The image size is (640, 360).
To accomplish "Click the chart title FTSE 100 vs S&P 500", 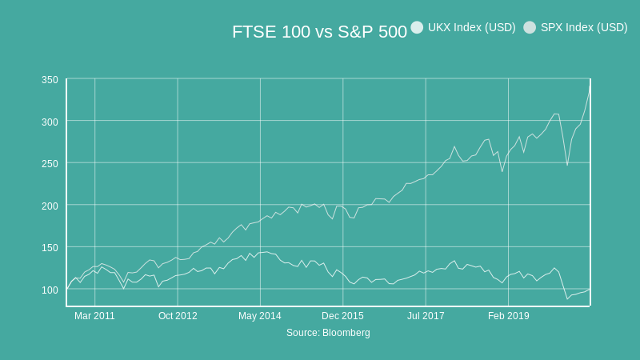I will tap(319, 32).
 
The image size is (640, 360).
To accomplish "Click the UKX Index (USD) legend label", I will tap(471, 27).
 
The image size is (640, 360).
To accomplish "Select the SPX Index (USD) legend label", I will tap(584, 27).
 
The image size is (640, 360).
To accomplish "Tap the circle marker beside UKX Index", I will tap(417, 27).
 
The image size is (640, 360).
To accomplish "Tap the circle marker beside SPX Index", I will tap(530, 27).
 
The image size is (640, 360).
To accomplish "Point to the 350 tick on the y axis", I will tap(50, 79).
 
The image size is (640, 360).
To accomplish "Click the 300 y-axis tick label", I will tap(50, 122).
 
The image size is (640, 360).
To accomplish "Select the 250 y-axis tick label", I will tap(50, 163).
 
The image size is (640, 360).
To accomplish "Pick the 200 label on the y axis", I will tap(50, 206).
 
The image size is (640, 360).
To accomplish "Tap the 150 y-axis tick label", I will tap(50, 247).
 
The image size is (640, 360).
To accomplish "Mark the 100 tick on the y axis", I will tap(50, 290).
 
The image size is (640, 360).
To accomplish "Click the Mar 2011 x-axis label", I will tap(94, 316).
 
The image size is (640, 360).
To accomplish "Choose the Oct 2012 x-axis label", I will tap(178, 316).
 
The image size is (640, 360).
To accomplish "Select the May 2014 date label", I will tap(260, 316).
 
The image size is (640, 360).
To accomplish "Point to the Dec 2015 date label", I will tap(342, 316).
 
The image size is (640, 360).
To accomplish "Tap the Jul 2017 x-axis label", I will tap(426, 316).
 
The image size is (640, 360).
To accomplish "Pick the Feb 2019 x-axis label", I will tap(508, 316).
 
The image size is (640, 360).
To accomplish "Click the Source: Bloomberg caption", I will tap(328, 333).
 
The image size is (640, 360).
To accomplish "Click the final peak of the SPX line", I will tap(590, 89).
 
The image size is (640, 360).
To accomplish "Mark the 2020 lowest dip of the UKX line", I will tap(567, 299).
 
